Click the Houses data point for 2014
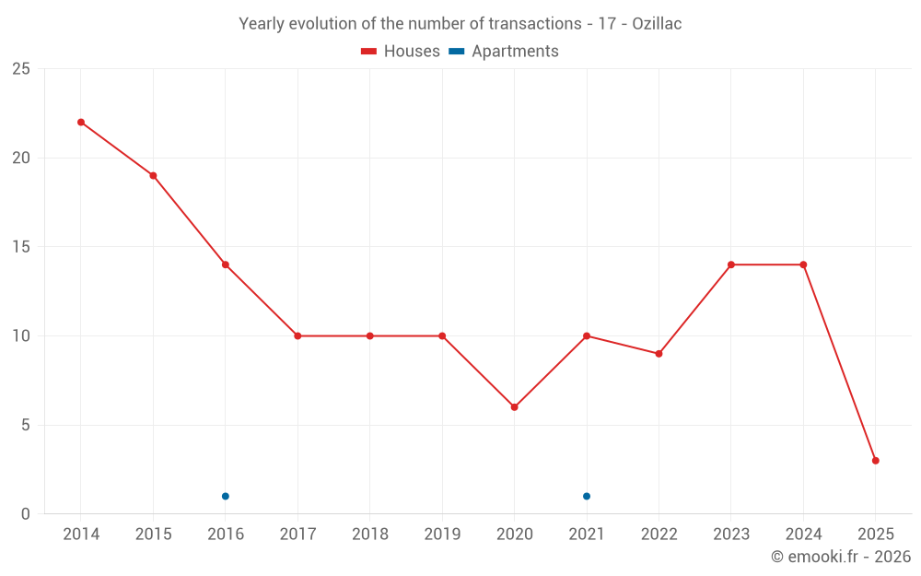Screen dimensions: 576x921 (81, 123)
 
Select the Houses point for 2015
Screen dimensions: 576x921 (153, 176)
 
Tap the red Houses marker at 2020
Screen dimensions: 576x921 (514, 407)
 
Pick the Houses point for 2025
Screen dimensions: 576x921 (875, 461)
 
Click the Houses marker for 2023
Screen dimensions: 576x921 (731, 264)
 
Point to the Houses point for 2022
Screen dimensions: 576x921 (659, 354)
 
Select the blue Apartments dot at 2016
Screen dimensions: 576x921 (226, 497)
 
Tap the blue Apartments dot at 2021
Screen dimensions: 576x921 (587, 497)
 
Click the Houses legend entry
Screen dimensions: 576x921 (401, 52)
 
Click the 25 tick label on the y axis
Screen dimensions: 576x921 (20, 69)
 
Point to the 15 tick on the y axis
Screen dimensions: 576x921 (20, 247)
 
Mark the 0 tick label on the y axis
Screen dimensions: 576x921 (26, 514)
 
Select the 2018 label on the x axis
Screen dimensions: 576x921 (369, 535)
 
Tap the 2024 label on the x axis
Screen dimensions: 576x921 (803, 535)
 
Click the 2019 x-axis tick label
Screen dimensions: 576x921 (442, 535)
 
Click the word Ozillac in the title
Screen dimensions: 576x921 (657, 24)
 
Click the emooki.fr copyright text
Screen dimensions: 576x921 (841, 557)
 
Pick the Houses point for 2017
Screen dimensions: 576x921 (297, 336)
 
